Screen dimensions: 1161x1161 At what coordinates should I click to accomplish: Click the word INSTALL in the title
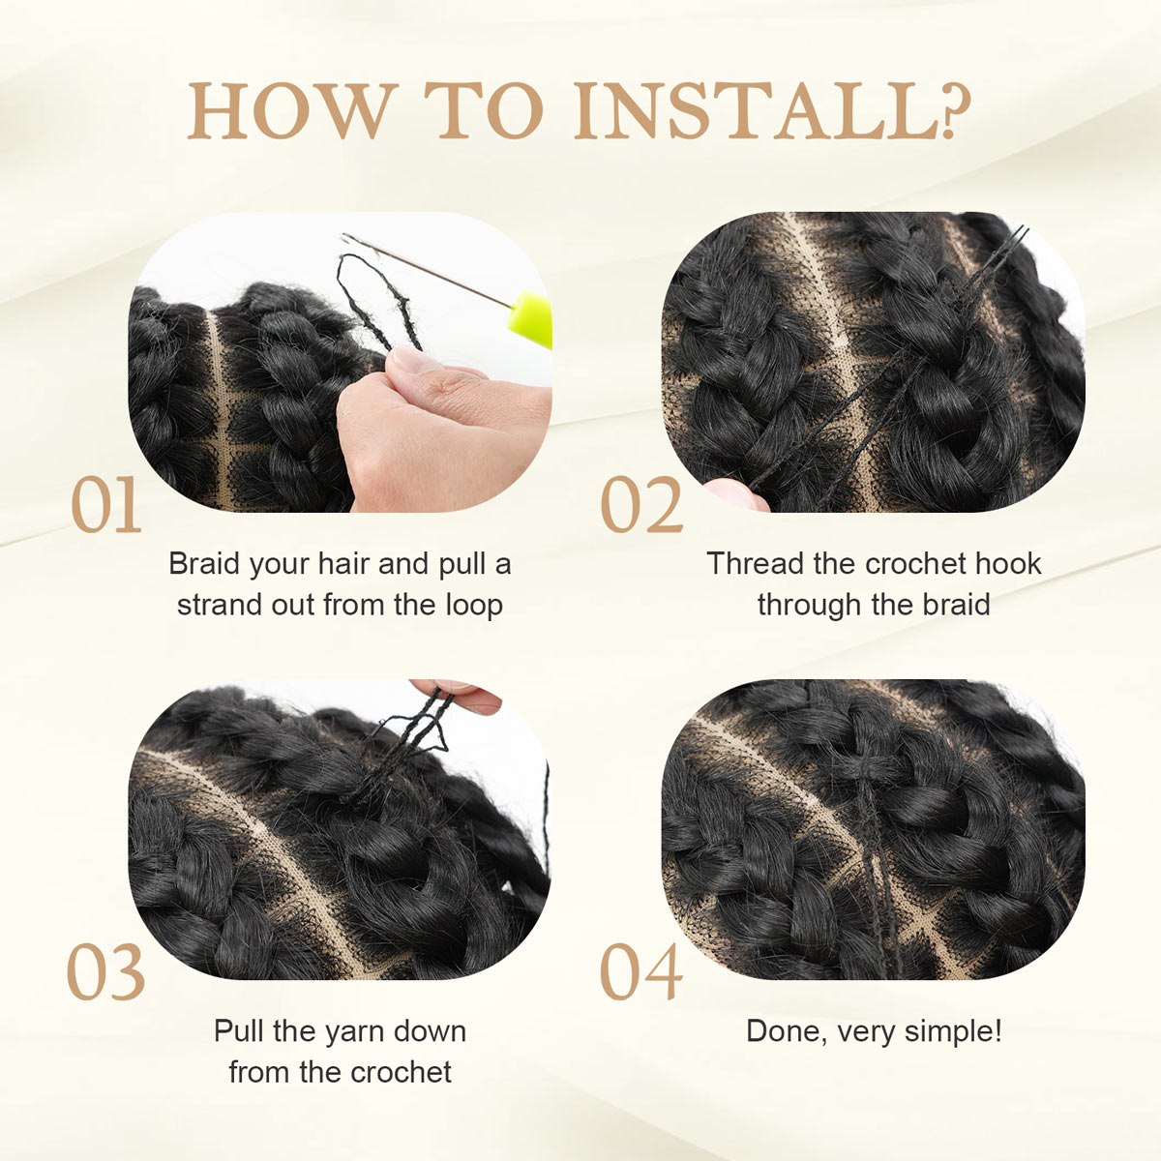point(755,111)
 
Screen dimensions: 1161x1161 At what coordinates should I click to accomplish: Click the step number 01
point(105,506)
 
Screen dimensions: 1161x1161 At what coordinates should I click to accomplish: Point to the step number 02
point(641,506)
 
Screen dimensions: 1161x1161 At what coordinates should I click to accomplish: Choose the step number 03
point(105,973)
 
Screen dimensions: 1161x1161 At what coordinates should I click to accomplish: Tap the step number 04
point(641,973)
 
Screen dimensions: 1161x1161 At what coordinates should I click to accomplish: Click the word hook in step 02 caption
point(1008,564)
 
